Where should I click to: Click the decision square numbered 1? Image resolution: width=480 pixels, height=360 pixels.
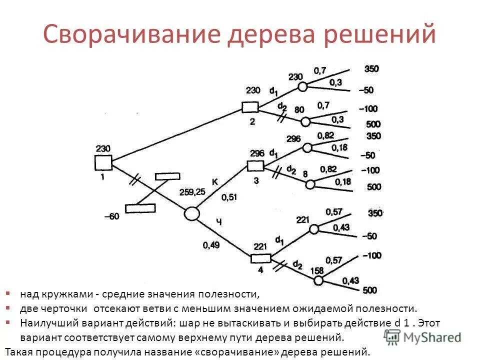(103, 163)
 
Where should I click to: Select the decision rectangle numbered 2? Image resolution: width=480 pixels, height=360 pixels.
(250, 107)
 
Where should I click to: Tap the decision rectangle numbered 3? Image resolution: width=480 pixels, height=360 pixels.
(255, 166)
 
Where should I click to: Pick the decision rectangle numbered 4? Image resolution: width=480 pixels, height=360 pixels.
(260, 258)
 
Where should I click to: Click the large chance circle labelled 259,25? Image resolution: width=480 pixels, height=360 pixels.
(191, 214)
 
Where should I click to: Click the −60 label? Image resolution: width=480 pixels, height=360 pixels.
(111, 216)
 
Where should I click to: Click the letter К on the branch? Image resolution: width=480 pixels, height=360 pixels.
(214, 182)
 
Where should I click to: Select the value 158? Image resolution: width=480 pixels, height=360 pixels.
(317, 270)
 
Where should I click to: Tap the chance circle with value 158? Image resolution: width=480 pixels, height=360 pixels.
(318, 280)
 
